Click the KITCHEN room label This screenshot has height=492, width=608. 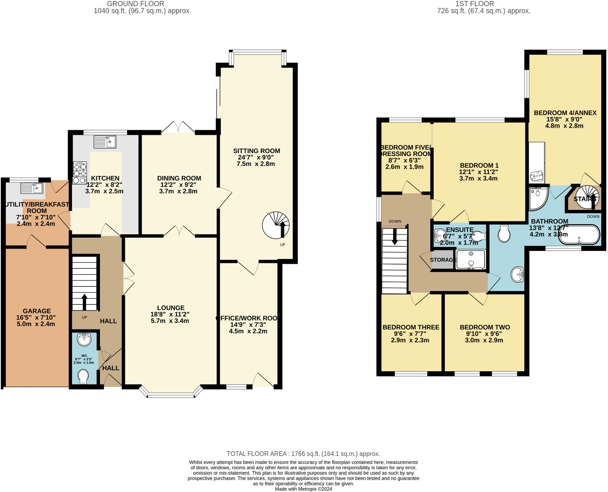pos(105,178)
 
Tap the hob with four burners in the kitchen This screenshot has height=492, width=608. pos(80,173)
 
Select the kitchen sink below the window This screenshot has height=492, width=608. pos(105,142)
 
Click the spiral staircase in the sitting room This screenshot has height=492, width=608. pos(276,225)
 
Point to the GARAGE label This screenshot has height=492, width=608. pos(37,311)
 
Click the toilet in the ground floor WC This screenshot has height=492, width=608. pos(84,376)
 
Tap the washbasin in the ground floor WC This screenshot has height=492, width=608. pos(84,340)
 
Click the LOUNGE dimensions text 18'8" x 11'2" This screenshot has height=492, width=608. pos(171,314)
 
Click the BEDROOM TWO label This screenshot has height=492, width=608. pos(485,327)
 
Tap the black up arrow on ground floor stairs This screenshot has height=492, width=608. pos(84,301)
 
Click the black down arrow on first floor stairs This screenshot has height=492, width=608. pos(395,237)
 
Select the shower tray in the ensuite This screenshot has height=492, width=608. pos(471,260)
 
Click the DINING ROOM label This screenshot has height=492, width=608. pos(179,178)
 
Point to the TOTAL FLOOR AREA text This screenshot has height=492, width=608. pos(303,453)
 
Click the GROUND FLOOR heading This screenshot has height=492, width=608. pos(135,4)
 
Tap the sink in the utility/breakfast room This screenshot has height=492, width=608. pos(32,188)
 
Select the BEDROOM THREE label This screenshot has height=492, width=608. pos(411,327)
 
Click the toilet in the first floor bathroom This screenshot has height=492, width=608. pos(504,234)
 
